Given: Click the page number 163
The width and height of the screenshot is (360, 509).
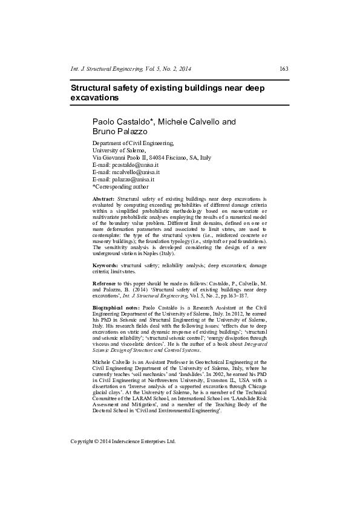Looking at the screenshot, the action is pyautogui.click(x=284, y=69).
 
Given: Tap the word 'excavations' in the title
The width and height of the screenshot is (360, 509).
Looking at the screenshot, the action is pyautogui.click(x=94, y=97).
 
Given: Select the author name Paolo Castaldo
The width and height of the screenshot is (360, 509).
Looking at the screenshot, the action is pyautogui.click(x=122, y=122).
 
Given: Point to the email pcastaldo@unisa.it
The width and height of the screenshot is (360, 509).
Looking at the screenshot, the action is pyautogui.click(x=135, y=164).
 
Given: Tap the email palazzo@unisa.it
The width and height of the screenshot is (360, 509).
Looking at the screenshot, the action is pyautogui.click(x=133, y=179).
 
